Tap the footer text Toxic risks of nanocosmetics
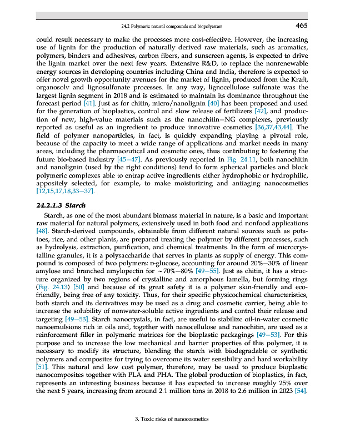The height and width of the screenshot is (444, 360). click(172, 419)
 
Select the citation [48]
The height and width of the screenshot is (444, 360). click(40, 230)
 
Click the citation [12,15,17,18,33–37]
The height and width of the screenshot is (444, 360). click(61, 191)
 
